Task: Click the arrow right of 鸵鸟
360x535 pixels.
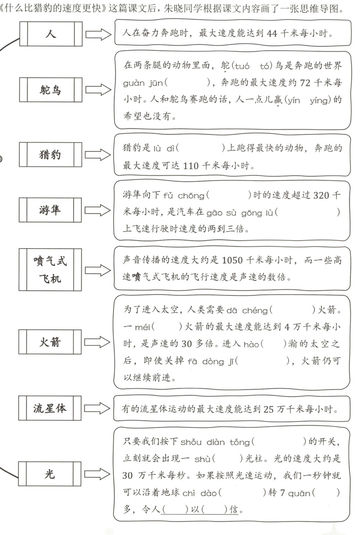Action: click(98, 90)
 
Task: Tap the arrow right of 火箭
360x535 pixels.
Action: click(98, 342)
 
